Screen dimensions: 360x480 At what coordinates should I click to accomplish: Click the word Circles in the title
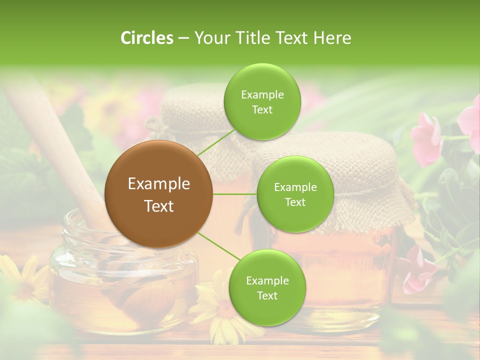[x=146, y=38]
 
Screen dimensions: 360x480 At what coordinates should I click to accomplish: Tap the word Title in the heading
[x=245, y=38]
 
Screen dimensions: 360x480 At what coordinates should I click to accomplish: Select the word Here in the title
[x=332, y=38]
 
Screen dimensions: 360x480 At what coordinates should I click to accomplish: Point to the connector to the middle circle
[x=235, y=194]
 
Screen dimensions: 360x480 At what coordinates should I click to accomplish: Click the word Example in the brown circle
[x=159, y=184]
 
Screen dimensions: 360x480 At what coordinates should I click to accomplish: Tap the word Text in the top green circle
[x=262, y=110]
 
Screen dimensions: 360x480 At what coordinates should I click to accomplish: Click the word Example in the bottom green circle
[x=267, y=281]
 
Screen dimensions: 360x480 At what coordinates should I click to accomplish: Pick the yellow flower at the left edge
[x=20, y=275]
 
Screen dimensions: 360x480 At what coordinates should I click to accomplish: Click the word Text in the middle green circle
[x=295, y=202]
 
